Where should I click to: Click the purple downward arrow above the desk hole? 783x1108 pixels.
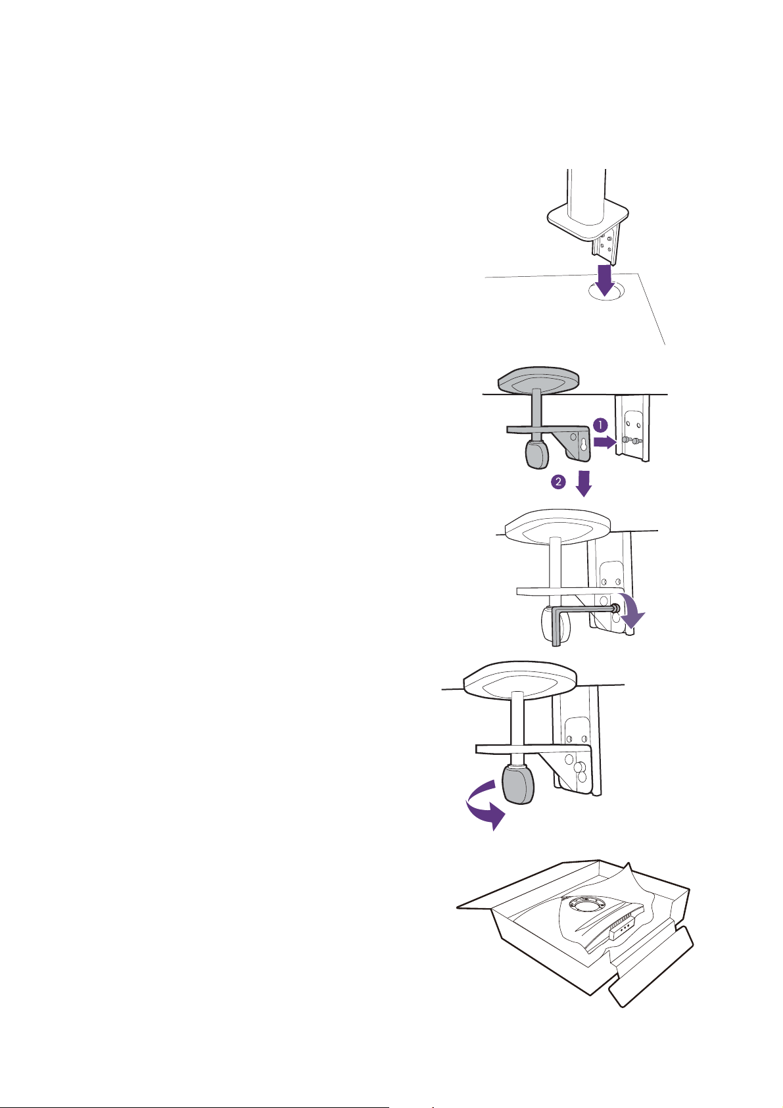(604, 281)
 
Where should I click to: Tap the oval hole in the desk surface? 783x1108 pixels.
(606, 291)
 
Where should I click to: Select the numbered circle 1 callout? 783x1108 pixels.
(600, 425)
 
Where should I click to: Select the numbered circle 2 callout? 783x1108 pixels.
(558, 481)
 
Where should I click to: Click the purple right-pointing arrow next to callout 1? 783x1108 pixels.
(604, 442)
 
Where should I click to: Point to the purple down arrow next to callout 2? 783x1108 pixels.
(584, 483)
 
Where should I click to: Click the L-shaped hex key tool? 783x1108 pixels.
(584, 618)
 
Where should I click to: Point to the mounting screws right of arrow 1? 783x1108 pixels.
(631, 439)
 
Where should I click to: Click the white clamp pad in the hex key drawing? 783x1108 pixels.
(558, 526)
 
